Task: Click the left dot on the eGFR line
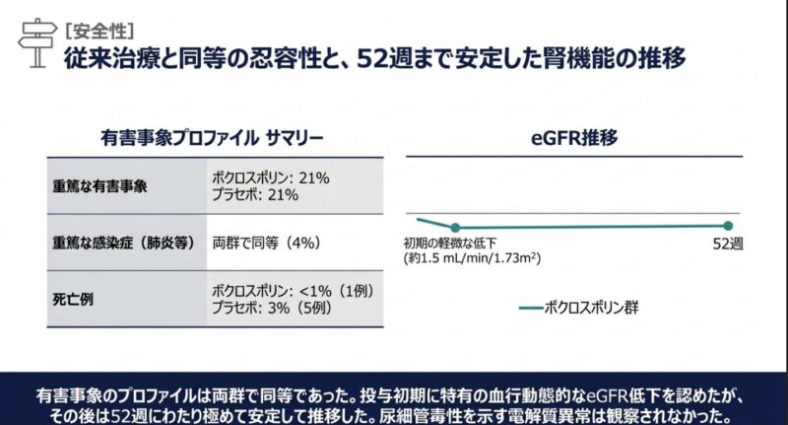(455, 227)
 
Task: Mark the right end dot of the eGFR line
(728, 226)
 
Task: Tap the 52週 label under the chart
(727, 244)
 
